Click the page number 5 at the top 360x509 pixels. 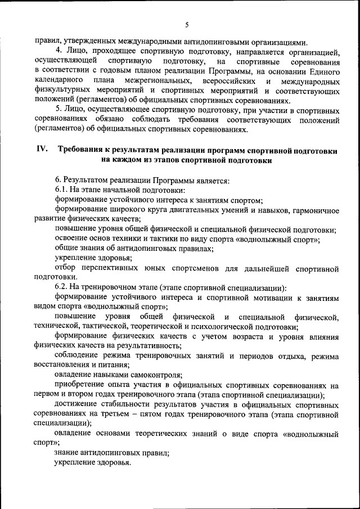186,24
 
